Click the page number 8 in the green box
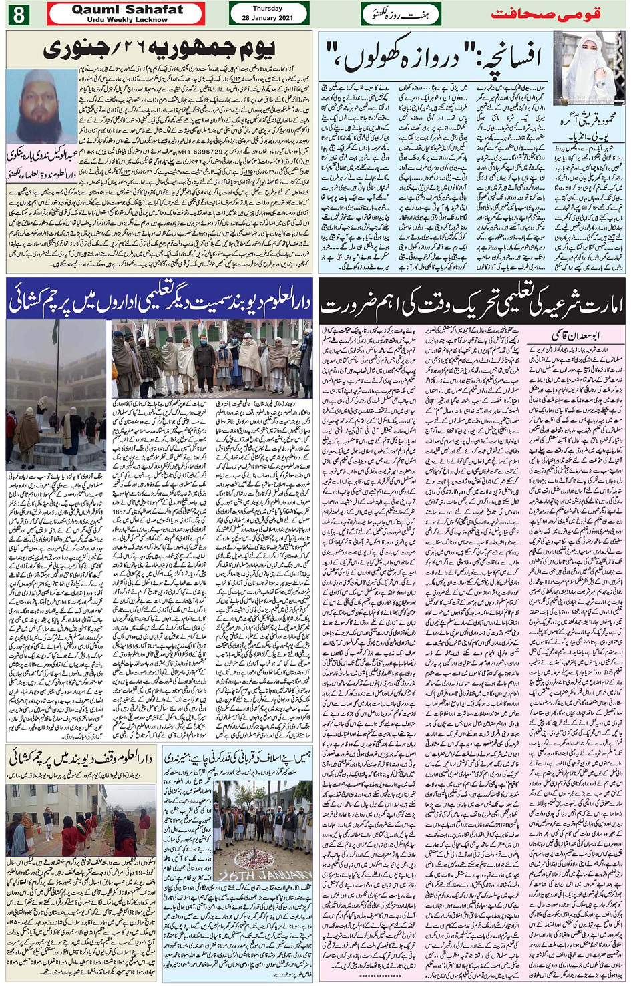tap(18, 13)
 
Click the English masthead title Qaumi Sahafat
tap(127, 9)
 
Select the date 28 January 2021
tap(268, 18)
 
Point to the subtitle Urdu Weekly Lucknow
tap(127, 19)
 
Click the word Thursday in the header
tap(268, 9)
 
